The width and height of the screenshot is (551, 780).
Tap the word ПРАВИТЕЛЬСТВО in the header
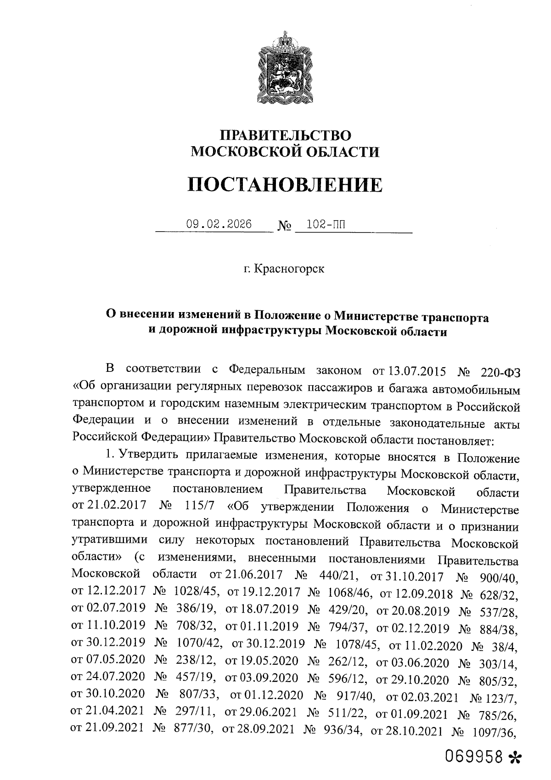tap(286, 135)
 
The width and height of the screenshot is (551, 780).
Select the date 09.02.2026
tap(219, 225)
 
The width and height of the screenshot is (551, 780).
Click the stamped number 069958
tap(473, 757)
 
